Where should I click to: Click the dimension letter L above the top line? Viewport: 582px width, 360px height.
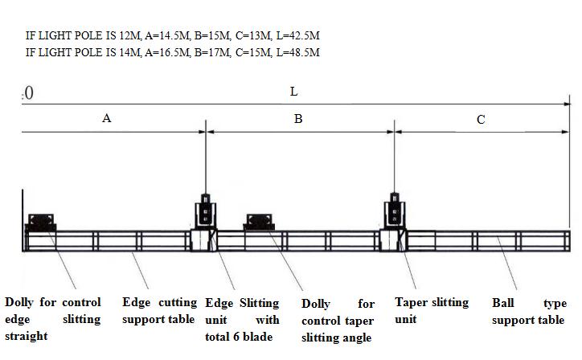pyautogui.click(x=294, y=92)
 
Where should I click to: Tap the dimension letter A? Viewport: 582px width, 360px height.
pyautogui.click(x=106, y=118)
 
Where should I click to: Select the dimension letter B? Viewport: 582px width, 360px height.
pyautogui.click(x=298, y=119)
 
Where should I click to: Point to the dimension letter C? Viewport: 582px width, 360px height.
pyautogui.click(x=481, y=120)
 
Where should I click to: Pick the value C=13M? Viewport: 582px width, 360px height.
pyautogui.click(x=256, y=36)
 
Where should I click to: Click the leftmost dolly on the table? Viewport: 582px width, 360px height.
pyautogui.click(x=41, y=222)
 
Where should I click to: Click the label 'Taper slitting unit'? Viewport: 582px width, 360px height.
pyautogui.click(x=432, y=310)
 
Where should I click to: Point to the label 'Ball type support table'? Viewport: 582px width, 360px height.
pyautogui.click(x=529, y=312)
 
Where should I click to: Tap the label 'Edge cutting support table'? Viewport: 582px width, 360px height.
pyautogui.click(x=159, y=312)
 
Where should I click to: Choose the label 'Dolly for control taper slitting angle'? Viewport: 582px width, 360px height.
pyautogui.click(x=338, y=321)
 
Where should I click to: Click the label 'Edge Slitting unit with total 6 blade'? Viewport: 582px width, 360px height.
pyautogui.click(x=242, y=320)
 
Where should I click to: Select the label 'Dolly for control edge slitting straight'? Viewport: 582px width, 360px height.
pyautogui.click(x=53, y=319)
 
